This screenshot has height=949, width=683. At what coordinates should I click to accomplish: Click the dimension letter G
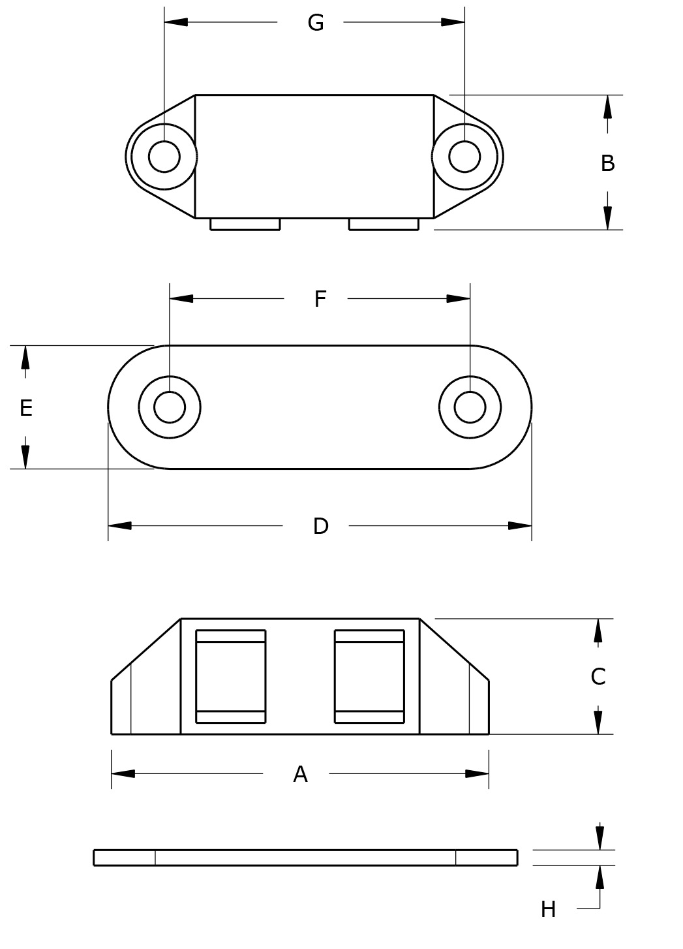(316, 23)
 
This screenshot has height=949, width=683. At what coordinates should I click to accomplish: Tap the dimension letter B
(607, 163)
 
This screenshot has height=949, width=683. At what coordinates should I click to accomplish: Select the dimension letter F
(320, 299)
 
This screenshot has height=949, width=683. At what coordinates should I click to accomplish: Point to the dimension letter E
(26, 408)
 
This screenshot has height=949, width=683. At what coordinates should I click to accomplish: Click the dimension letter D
(320, 526)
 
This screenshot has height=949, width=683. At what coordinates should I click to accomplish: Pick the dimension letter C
(598, 677)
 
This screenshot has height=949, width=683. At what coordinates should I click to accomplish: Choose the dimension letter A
(300, 774)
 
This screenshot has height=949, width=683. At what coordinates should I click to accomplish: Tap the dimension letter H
(549, 910)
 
